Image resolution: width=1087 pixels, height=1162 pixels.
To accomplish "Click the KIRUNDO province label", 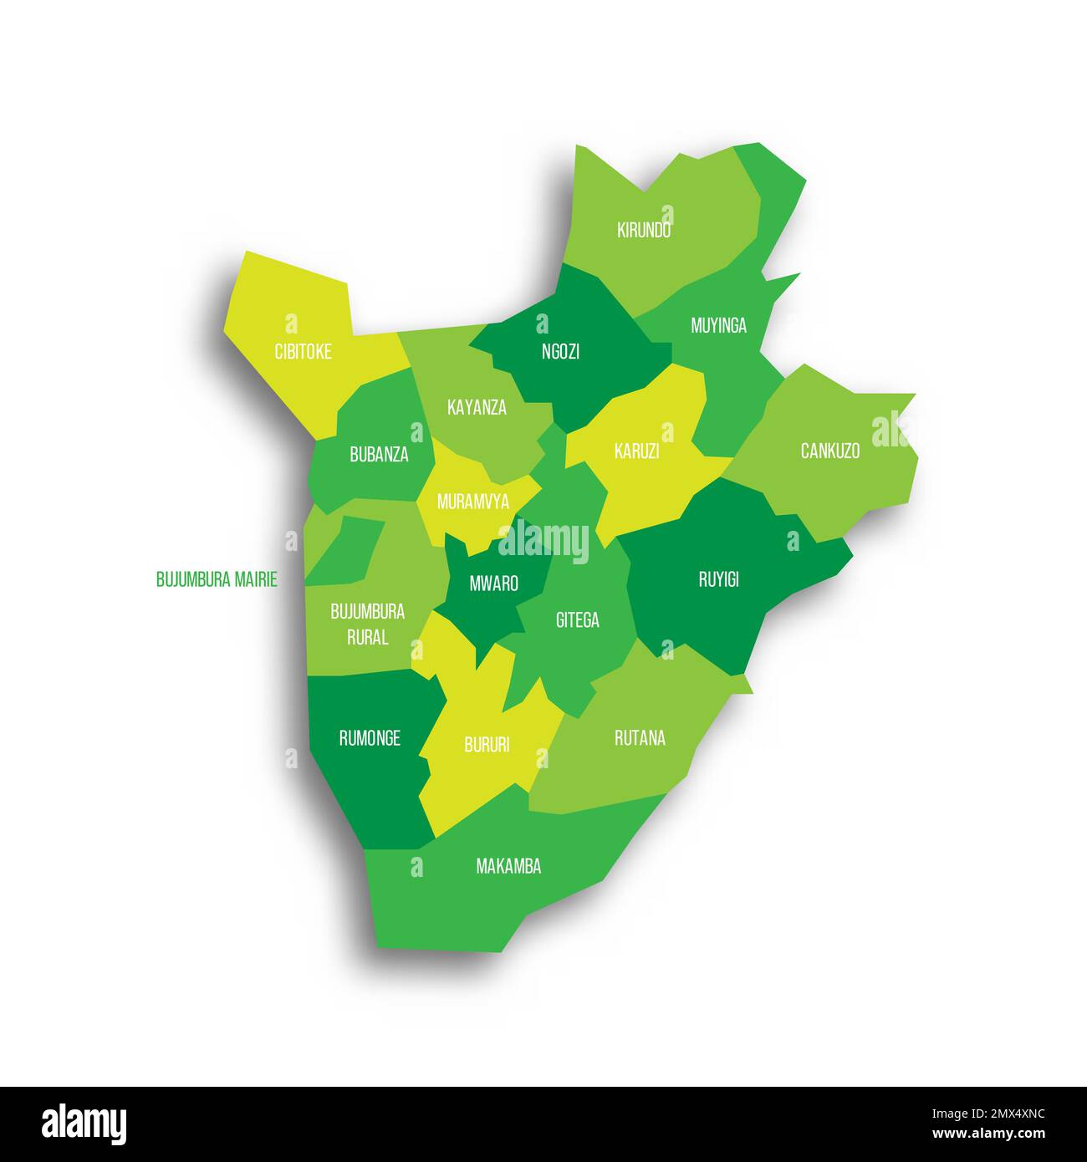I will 644,231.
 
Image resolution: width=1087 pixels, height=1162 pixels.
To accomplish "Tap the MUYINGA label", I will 718,326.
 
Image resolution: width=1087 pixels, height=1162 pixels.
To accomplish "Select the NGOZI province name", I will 560,352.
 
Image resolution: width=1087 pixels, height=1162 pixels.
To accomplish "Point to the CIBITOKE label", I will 303,352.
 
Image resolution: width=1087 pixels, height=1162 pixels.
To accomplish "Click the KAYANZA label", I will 477,408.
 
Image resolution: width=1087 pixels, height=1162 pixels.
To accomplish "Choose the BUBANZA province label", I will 379,455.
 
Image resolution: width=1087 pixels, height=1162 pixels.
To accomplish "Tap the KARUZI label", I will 636,451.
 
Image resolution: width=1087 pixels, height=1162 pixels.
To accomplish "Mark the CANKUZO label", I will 829,451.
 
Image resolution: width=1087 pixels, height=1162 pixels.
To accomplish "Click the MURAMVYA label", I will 472,502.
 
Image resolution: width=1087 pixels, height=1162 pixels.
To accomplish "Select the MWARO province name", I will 493,584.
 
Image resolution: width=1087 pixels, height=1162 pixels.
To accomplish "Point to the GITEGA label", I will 577,620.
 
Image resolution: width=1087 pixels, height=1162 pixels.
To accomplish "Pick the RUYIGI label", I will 718,579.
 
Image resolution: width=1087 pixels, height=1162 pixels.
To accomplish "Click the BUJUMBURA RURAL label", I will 367,624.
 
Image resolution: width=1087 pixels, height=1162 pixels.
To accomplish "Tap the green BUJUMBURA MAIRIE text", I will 217,579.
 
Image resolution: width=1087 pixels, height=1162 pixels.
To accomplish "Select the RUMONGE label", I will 369,738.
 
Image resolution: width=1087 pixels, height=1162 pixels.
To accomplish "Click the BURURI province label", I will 486,745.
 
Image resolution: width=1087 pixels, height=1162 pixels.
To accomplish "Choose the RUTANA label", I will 640,738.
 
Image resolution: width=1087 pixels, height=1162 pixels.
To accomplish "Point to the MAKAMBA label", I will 508,867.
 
